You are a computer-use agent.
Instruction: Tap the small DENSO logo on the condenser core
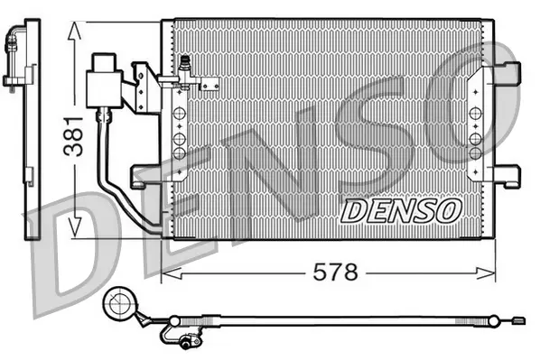click(401, 211)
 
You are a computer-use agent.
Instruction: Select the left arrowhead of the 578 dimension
click(168, 272)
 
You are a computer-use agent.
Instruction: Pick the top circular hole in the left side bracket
click(180, 114)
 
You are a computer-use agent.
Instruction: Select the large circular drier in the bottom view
click(119, 305)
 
